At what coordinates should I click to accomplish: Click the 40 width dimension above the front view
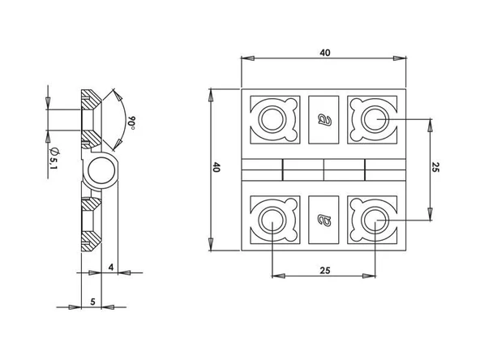325,53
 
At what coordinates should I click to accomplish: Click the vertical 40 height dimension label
216,167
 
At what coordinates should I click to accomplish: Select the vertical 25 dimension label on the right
435,167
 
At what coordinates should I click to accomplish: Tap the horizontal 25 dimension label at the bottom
325,271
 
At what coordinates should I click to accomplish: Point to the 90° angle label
131,122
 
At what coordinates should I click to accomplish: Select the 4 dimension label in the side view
111,268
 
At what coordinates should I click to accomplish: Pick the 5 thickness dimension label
92,302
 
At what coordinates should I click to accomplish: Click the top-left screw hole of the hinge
272,119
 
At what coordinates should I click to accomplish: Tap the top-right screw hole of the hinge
375,119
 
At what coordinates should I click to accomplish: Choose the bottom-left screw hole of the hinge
272,220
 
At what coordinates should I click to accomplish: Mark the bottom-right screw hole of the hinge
375,220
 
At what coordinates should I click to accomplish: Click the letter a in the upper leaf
324,120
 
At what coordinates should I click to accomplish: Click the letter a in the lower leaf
324,220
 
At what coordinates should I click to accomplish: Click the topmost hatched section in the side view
91,99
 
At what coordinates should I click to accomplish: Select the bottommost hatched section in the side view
91,242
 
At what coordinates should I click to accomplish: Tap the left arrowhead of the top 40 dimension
248,58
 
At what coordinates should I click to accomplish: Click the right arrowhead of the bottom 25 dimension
369,276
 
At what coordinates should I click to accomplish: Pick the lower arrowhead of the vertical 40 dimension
211,244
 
